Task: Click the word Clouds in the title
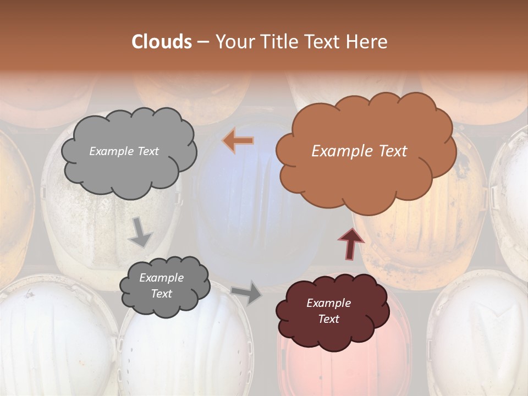161,42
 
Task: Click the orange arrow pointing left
238,141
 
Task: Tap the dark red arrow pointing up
350,244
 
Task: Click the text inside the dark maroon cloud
328,311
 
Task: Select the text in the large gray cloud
124,151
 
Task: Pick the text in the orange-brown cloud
359,151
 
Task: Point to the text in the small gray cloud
161,286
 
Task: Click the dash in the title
202,42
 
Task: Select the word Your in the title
235,42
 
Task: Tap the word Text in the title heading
324,42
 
